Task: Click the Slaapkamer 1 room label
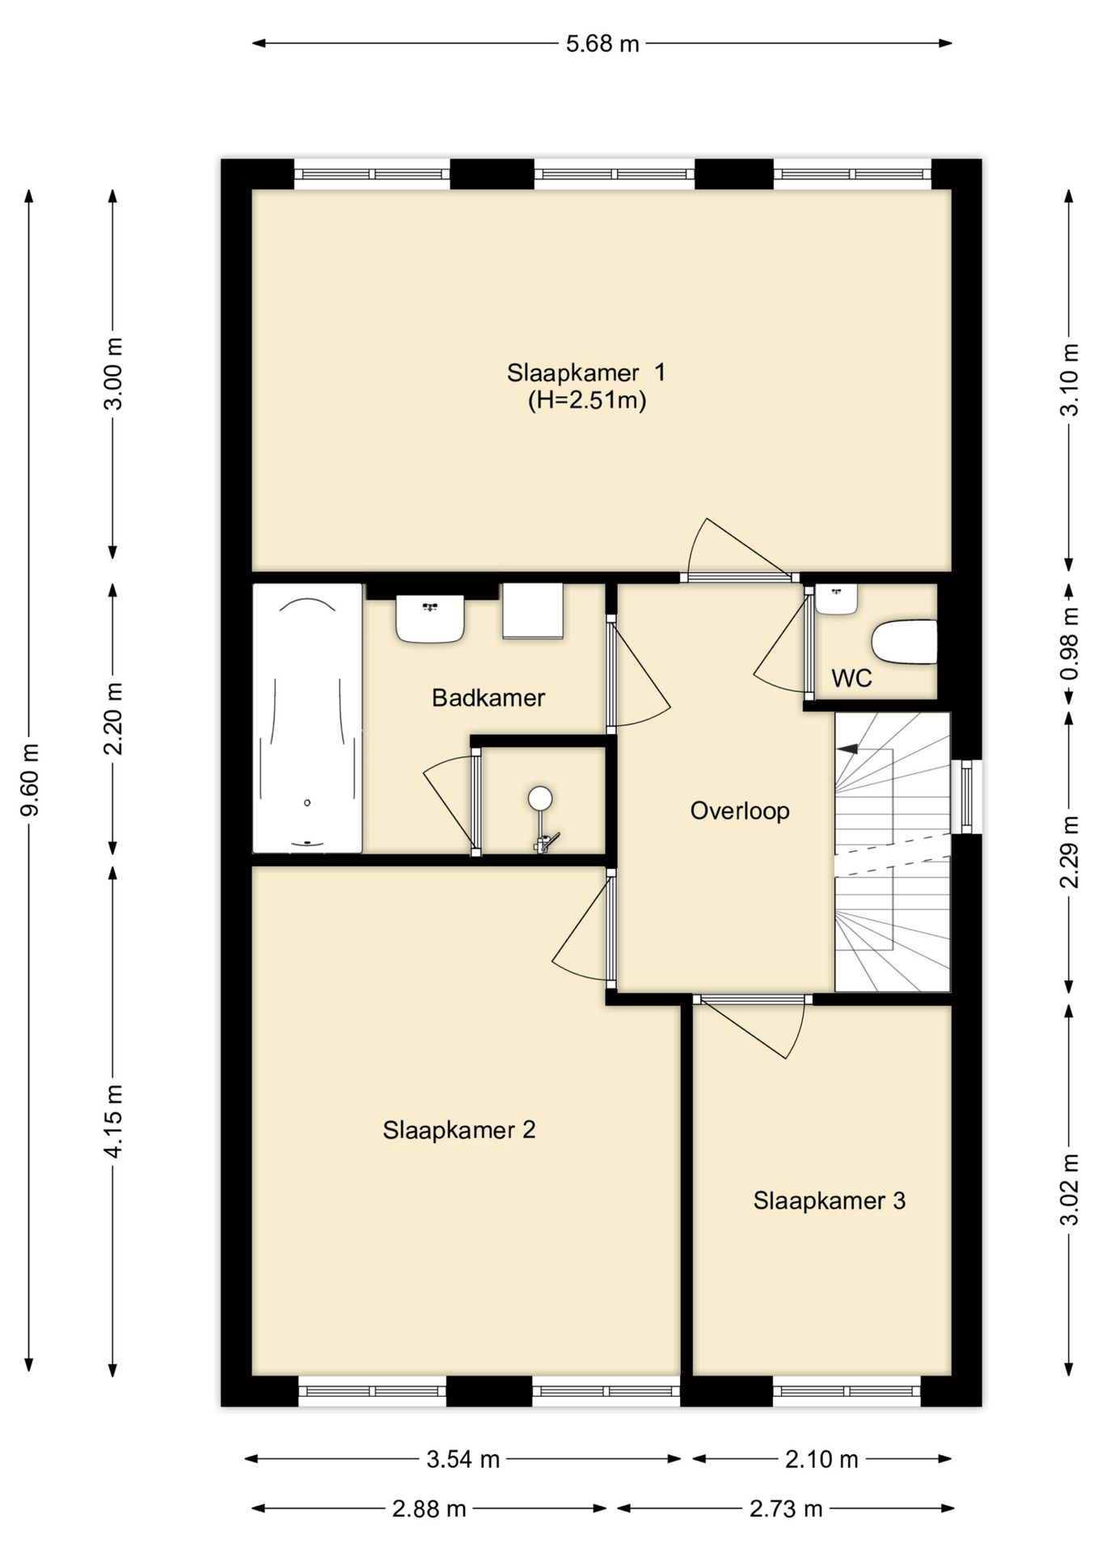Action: click(x=586, y=373)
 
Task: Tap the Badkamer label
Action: click(x=488, y=698)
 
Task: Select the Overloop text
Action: click(x=740, y=811)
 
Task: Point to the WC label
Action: click(x=851, y=677)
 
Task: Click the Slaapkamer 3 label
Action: click(x=829, y=1200)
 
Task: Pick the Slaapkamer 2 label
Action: click(x=459, y=1129)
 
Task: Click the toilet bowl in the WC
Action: click(x=904, y=642)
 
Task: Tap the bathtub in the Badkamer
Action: click(x=307, y=718)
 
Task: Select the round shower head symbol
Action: click(x=540, y=799)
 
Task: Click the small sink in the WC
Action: click(x=836, y=599)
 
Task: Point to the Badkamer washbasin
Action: click(x=430, y=619)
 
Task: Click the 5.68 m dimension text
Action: click(x=602, y=44)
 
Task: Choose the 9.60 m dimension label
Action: click(x=30, y=780)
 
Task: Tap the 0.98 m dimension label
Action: click(x=1070, y=643)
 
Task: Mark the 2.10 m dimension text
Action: click(x=821, y=1459)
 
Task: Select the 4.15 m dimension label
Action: click(x=114, y=1121)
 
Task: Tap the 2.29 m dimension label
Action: click(x=1070, y=852)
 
